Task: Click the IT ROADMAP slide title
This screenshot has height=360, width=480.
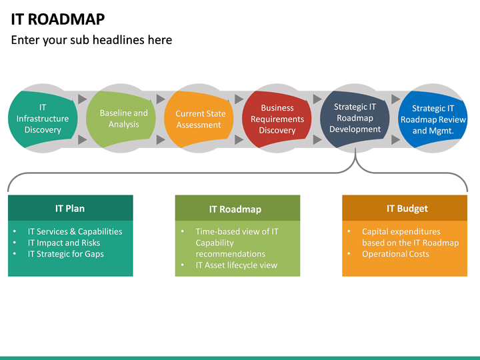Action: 58,19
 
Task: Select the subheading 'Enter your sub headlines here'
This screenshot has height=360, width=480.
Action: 91,40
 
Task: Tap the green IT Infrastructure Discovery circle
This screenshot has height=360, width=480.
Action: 43,119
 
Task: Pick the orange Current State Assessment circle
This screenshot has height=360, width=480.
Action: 199,119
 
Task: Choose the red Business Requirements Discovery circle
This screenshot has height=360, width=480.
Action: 277,119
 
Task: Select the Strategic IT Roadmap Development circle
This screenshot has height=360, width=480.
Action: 355,118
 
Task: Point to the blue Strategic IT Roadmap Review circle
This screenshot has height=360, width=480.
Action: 433,119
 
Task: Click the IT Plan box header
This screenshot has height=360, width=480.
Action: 70,208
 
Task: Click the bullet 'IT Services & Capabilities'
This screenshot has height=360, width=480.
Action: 75,231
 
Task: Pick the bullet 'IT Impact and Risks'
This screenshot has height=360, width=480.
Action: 63,243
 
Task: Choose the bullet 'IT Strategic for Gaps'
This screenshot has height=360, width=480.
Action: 65,254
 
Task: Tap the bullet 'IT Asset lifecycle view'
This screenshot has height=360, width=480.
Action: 236,265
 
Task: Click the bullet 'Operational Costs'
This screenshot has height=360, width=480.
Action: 395,254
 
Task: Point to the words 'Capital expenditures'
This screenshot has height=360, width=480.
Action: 401,231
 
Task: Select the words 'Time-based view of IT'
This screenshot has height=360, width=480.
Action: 237,231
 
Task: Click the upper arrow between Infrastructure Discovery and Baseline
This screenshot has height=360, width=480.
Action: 82,99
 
